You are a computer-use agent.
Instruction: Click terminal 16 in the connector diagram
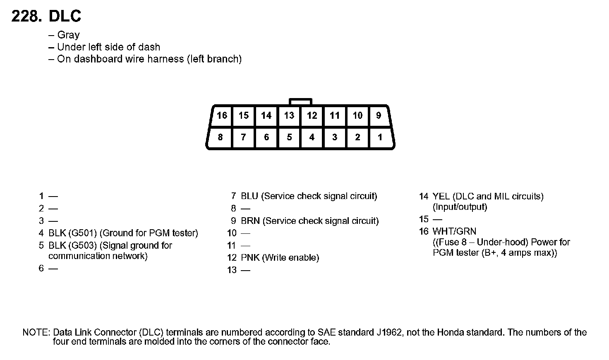pyautogui.click(x=222, y=115)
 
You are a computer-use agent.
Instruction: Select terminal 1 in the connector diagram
pyautogui.click(x=380, y=137)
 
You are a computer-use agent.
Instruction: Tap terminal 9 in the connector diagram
pyautogui.click(x=378, y=115)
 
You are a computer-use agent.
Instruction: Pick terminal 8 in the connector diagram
pyautogui.click(x=220, y=137)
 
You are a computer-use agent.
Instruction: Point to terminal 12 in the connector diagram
pyautogui.click(x=312, y=115)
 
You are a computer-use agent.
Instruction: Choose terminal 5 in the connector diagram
pyautogui.click(x=289, y=137)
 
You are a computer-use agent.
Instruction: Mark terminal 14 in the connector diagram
pyautogui.click(x=266, y=115)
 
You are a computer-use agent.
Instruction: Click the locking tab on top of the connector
pyautogui.click(x=300, y=101)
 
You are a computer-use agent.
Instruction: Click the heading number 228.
pyautogui.click(x=26, y=17)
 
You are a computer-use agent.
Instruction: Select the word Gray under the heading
pyautogui.click(x=68, y=35)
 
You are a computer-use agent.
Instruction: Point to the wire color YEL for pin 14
pyautogui.click(x=441, y=196)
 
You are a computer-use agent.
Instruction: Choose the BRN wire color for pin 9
pyautogui.click(x=250, y=221)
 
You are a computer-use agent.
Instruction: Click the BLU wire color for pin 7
pyautogui.click(x=250, y=196)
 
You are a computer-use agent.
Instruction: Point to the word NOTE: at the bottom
pyautogui.click(x=36, y=332)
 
